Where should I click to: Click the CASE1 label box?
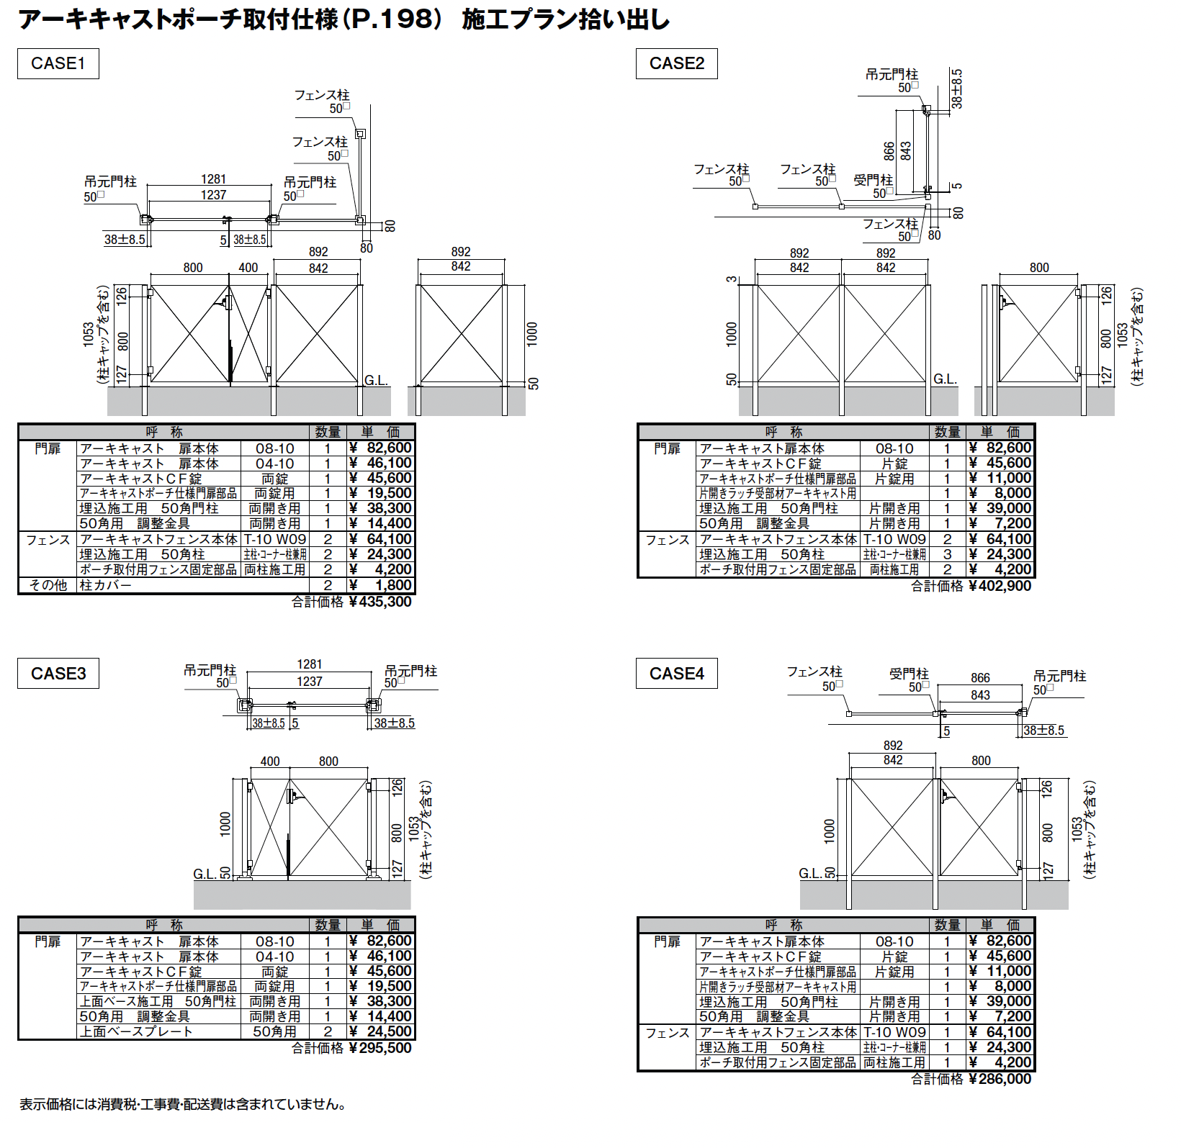pos(58,63)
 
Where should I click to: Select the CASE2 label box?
pos(676,63)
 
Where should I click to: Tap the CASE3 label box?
pos(58,674)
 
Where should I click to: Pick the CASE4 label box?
pos(676,674)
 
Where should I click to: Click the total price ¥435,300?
pos(380,602)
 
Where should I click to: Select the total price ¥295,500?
pos(380,1048)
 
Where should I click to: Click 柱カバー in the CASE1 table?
pos(106,585)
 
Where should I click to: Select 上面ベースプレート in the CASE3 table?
pos(136,1031)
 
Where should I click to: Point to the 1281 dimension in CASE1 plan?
pos(213,179)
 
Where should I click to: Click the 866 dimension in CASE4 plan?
pos(980,678)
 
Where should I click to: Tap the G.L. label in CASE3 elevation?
pos(205,874)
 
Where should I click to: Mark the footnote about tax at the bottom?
pos(183,1104)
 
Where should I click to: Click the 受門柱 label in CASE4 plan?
pos(909,674)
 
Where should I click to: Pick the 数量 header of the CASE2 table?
pos(947,432)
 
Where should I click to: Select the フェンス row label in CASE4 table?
pos(667,1033)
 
